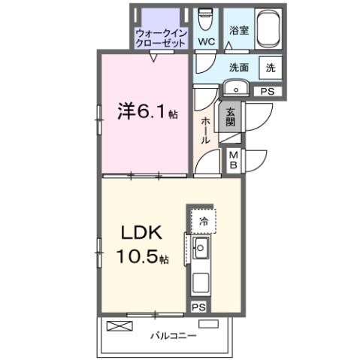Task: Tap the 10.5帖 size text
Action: point(141,258)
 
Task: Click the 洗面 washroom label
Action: point(239,66)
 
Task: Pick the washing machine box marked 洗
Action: point(271,67)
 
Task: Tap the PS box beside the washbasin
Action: point(267,90)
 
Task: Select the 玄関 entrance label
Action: point(231,116)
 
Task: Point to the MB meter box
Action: point(234,160)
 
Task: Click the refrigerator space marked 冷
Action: point(203,221)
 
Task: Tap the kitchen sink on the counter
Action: point(201,250)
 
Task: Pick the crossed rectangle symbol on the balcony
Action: point(119,325)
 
